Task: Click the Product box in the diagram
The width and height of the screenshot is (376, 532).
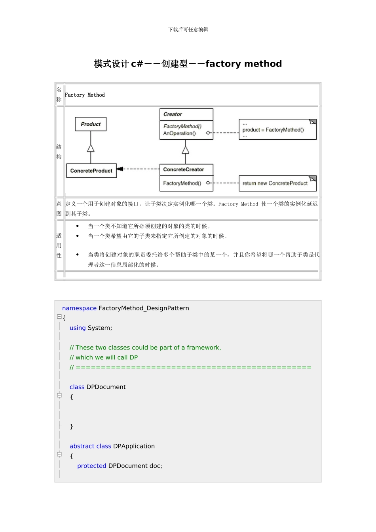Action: tap(91, 124)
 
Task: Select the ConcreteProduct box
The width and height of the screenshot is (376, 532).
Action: tap(91, 171)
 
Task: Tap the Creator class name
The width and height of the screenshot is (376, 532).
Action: tap(173, 114)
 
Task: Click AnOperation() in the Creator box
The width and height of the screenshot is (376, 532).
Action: tap(179, 133)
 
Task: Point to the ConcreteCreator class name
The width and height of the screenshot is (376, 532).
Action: tap(183, 169)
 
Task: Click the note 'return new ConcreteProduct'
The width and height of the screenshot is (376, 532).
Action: tap(275, 183)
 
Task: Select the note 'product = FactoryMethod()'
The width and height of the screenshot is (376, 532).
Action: tap(273, 130)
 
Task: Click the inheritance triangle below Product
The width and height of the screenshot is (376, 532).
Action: tap(91, 148)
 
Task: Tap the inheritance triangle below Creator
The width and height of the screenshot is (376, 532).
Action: tap(185, 150)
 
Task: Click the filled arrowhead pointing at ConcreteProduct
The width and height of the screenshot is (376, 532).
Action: tap(120, 169)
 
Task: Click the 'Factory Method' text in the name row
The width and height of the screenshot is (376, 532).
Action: tap(85, 95)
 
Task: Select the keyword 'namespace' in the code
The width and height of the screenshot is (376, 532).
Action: tap(79, 308)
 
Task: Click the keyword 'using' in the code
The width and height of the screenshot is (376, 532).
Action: tap(78, 328)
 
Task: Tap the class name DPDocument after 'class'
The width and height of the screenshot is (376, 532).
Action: tap(106, 387)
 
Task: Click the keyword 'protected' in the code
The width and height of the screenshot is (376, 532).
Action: tap(92, 465)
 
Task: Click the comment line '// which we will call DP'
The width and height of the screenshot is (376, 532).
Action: tap(104, 357)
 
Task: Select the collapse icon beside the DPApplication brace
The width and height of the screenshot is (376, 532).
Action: tap(59, 454)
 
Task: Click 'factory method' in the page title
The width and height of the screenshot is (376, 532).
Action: tap(243, 64)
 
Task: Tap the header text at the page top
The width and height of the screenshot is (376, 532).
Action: tap(188, 30)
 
